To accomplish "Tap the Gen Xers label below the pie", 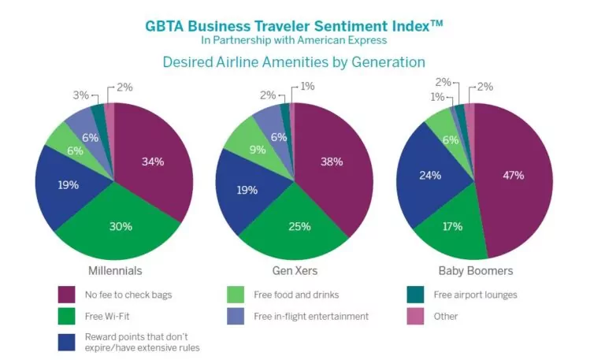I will pos(295,270).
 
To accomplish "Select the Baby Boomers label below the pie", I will pos(475,270).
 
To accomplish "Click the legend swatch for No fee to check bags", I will pos(65,295).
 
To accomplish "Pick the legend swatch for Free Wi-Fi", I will pos(65,317).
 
